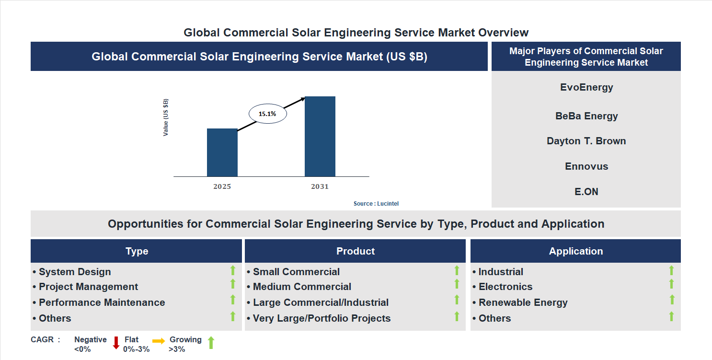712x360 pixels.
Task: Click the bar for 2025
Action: coord(222,152)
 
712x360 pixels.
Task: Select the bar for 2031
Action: coord(320,137)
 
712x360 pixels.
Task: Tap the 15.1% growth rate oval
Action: coord(267,114)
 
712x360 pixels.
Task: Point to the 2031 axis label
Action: coord(320,186)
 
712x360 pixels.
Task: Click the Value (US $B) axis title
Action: coord(166,117)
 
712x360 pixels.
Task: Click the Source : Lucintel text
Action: coord(376,204)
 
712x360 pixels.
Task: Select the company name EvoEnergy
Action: coord(586,87)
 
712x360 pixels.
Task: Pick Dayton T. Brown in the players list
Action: coord(586,141)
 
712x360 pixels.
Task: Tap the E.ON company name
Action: coord(586,192)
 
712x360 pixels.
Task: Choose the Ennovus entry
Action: coord(586,166)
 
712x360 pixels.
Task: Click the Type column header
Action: coord(137,251)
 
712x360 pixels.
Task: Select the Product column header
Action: coord(355,251)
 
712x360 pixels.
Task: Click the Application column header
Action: coord(575,251)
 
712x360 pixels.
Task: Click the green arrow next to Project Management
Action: coord(233,284)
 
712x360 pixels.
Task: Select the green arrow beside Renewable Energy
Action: coord(672,300)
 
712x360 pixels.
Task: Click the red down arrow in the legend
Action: coord(116,343)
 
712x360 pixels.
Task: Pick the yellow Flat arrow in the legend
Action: coord(159,341)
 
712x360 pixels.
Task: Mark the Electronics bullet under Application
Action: coord(505,287)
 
